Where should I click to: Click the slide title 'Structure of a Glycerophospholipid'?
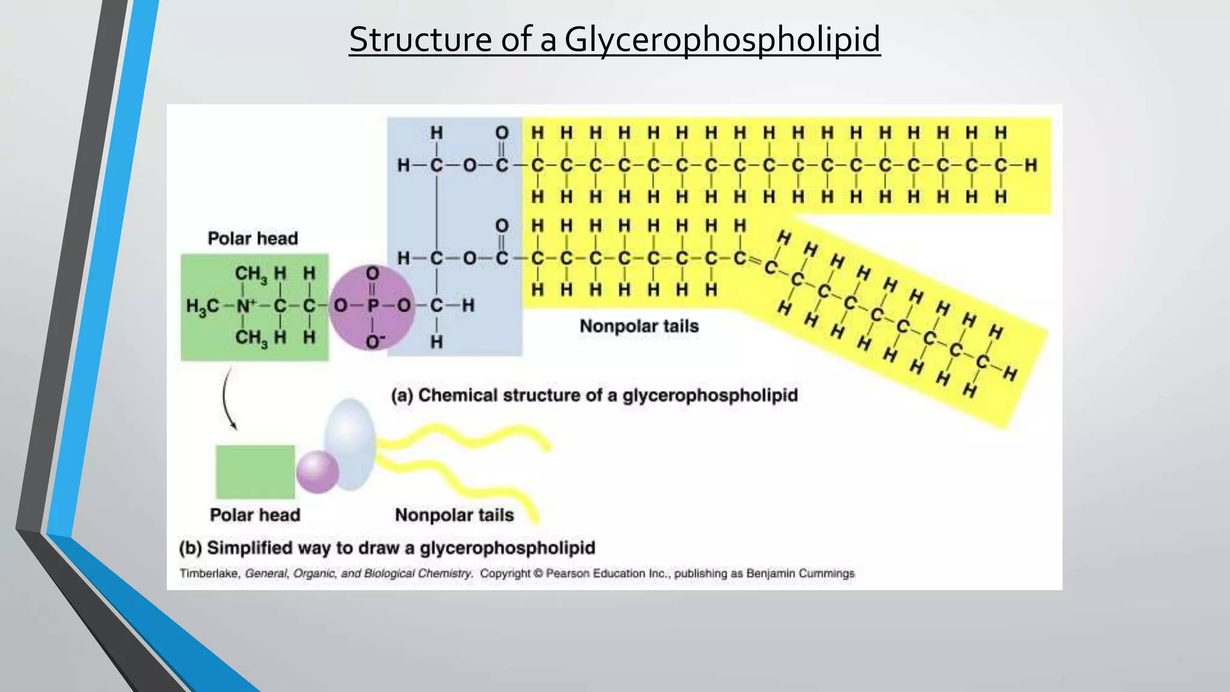pyautogui.click(x=614, y=40)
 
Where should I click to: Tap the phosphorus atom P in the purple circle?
pyautogui.click(x=373, y=306)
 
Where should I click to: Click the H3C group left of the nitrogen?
pyautogui.click(x=202, y=307)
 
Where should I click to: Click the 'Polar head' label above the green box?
pyautogui.click(x=253, y=238)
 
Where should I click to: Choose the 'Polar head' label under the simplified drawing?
pyautogui.click(x=255, y=515)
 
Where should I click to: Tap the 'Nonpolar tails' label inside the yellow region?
pyautogui.click(x=639, y=326)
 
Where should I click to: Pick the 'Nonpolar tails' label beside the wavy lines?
pyautogui.click(x=455, y=515)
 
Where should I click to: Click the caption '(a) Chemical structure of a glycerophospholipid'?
pyautogui.click(x=595, y=395)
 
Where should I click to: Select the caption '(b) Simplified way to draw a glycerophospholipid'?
pyautogui.click(x=387, y=548)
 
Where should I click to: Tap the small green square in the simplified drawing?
pyautogui.click(x=255, y=472)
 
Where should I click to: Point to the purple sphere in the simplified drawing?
pyautogui.click(x=317, y=472)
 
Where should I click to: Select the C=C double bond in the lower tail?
pyautogui.click(x=755, y=262)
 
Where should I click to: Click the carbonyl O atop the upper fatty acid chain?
pyautogui.click(x=502, y=133)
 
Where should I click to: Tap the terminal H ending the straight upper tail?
pyautogui.click(x=1031, y=165)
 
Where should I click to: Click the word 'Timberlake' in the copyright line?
pyautogui.click(x=210, y=574)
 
